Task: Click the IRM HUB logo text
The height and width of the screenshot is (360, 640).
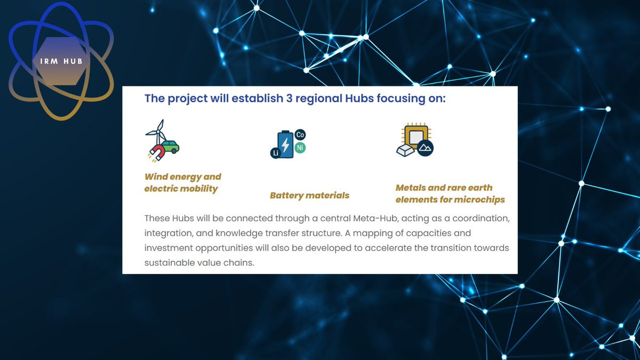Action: [61, 61]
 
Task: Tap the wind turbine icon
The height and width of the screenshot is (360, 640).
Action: [157, 132]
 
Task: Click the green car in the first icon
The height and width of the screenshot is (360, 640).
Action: [170, 146]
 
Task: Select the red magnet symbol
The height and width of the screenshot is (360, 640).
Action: [157, 153]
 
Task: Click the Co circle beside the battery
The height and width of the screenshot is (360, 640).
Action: [300, 134]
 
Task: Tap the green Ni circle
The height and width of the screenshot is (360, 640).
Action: [300, 148]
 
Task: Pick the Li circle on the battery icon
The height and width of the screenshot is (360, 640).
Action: [276, 153]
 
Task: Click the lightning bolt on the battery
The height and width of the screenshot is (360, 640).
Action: [285, 145]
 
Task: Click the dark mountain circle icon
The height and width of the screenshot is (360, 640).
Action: [425, 148]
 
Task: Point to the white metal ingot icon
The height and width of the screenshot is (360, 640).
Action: [405, 150]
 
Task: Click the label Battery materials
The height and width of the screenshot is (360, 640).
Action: [309, 195]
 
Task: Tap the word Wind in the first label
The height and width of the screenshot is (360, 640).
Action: [156, 177]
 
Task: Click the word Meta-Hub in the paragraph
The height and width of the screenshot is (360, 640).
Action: [375, 218]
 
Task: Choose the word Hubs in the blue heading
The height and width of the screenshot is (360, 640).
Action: [359, 98]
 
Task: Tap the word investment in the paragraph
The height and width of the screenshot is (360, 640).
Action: [169, 247]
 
